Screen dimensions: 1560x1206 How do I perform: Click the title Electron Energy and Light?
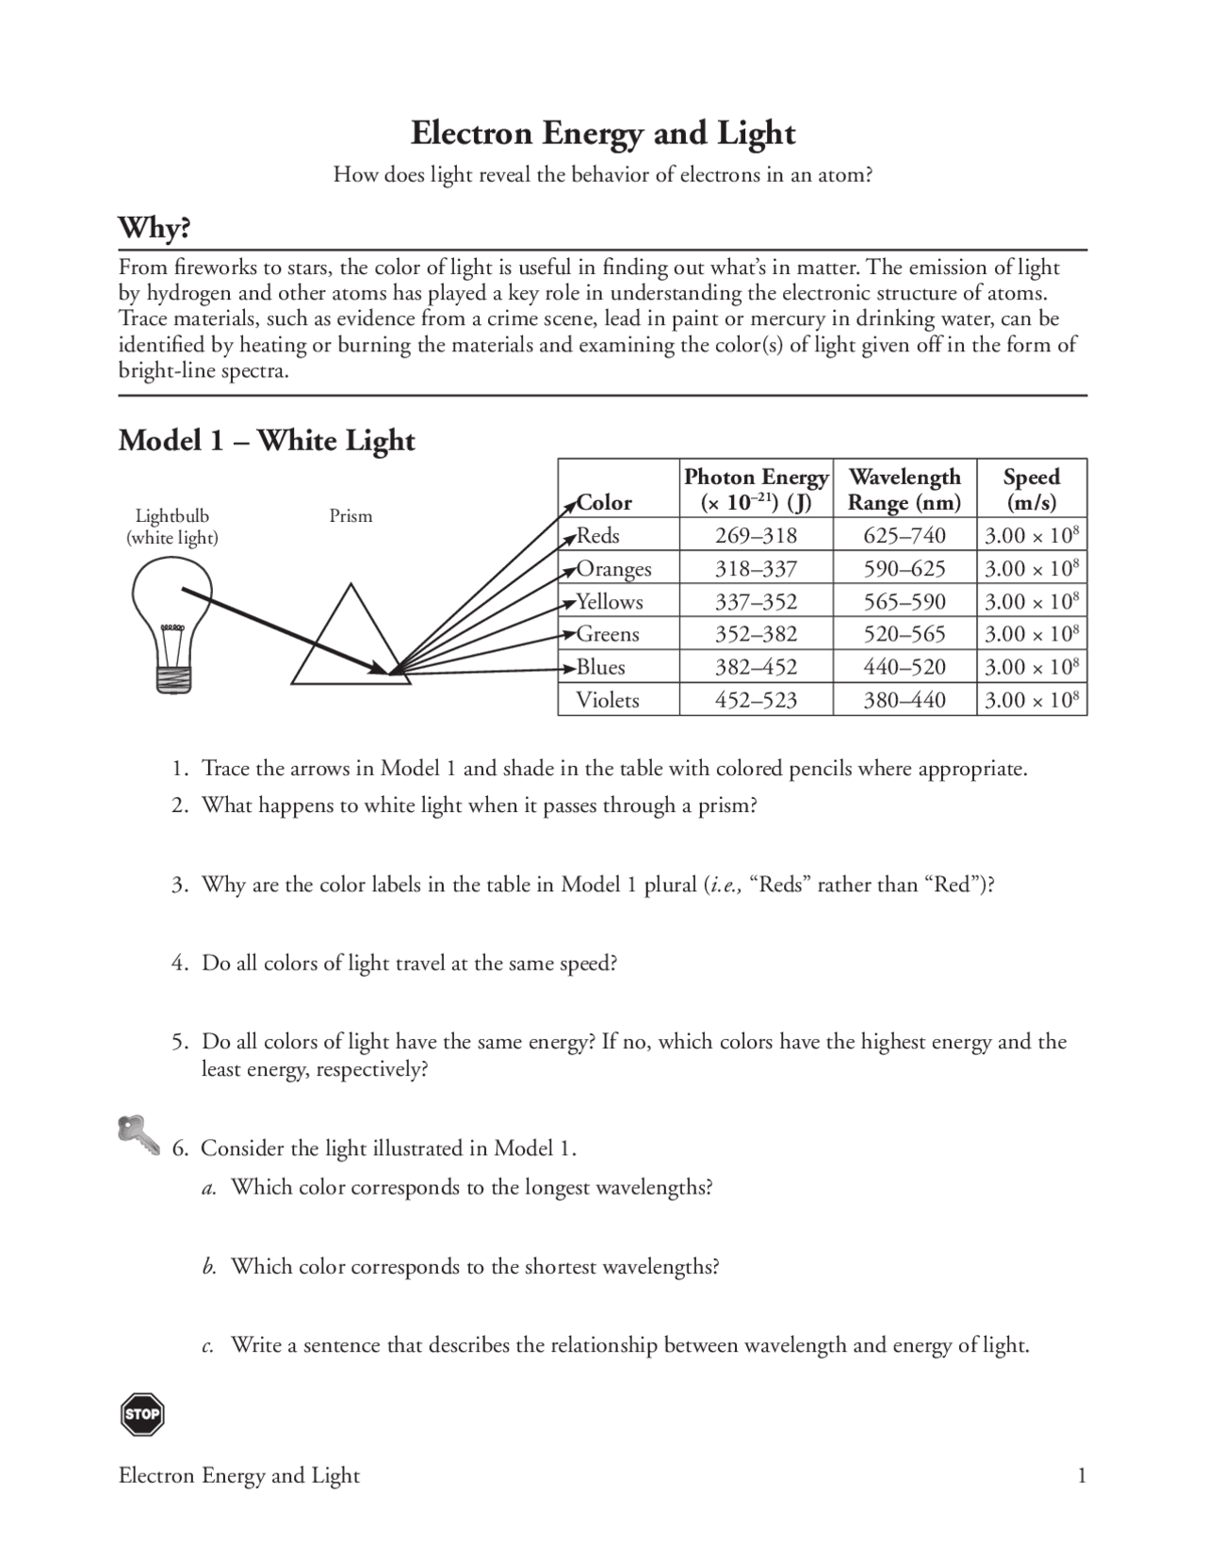[603, 134]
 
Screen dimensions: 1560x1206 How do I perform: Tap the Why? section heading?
[155, 228]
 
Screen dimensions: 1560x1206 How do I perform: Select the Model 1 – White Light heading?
[267, 440]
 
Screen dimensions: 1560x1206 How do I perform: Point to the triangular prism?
[350, 641]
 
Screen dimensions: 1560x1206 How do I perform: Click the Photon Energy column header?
[756, 489]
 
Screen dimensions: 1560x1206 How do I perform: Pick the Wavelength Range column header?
[904, 489]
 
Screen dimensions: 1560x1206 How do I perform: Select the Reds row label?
[598, 536]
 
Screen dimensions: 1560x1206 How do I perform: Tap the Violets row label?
[608, 700]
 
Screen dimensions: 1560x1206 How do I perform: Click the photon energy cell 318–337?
[756, 569]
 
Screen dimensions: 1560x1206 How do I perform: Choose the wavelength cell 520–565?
[904, 634]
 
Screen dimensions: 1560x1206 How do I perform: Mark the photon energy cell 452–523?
[756, 700]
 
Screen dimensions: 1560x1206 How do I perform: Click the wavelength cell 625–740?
[904, 536]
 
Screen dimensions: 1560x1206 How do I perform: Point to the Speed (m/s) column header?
[1031, 489]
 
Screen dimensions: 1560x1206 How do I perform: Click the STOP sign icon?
[142, 1414]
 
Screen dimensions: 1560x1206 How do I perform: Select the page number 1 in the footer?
[1082, 1475]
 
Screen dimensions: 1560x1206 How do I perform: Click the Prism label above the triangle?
[350, 516]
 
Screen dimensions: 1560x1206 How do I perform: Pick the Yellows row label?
[610, 602]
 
